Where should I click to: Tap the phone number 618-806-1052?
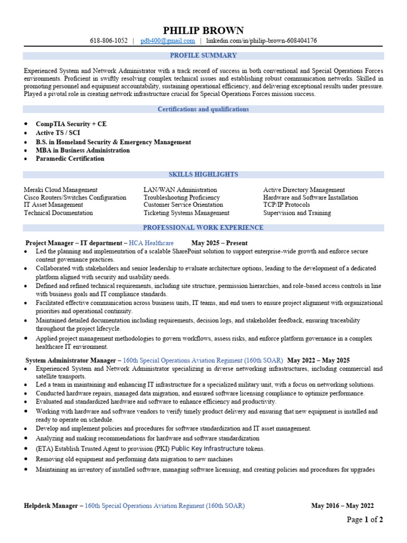(109, 41)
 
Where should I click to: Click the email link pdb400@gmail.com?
(168, 41)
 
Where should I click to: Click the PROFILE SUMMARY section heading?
(203, 55)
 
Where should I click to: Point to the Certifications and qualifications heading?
(203, 109)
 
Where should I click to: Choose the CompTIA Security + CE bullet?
(71, 124)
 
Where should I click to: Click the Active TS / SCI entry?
(58, 133)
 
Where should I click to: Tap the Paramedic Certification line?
(70, 159)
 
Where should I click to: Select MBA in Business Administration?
(83, 150)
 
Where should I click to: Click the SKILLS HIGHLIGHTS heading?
(203, 174)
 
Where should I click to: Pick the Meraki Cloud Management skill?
(60, 190)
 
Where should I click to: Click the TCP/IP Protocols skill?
(287, 205)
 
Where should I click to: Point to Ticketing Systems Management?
(187, 213)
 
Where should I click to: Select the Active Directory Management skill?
(304, 190)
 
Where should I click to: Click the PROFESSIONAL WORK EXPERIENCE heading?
(203, 228)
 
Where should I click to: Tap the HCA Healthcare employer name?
(152, 243)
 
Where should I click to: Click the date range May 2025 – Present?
(223, 243)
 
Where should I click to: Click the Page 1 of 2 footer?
(365, 520)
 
